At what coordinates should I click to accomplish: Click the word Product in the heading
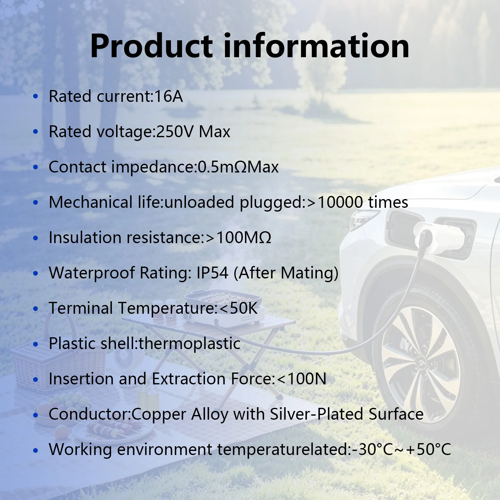pyautogui.click(x=152, y=46)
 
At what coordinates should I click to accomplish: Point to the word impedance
pyautogui.click(x=153, y=167)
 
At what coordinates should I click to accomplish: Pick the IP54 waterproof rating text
pyautogui.click(x=212, y=273)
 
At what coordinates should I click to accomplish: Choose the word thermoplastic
pyautogui.click(x=189, y=344)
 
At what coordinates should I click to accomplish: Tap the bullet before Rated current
pyautogui.click(x=36, y=96)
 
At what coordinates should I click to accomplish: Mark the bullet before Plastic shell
pyautogui.click(x=36, y=344)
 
